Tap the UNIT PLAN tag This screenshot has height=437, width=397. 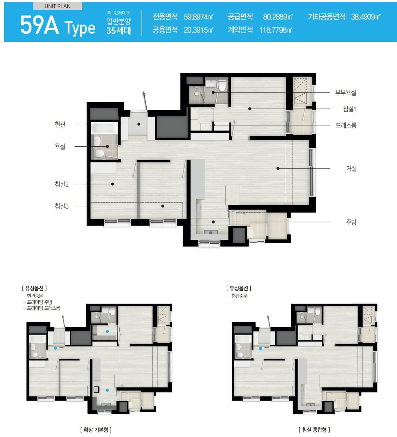(x=58, y=6)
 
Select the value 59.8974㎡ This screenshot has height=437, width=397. (x=199, y=17)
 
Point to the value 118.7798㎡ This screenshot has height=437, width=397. (x=276, y=30)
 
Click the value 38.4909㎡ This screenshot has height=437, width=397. (x=366, y=17)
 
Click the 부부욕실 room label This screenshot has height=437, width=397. (x=346, y=92)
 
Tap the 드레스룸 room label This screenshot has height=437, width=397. (x=346, y=125)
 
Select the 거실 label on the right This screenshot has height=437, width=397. (x=351, y=169)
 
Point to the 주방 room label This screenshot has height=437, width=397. (x=351, y=222)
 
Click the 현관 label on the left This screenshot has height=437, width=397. (x=60, y=124)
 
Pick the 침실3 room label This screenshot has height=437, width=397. (x=62, y=206)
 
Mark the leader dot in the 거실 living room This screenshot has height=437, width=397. (x=278, y=168)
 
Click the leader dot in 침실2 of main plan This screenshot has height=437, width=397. (x=113, y=184)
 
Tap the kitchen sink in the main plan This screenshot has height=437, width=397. (x=209, y=233)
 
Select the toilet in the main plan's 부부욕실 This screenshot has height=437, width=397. (x=222, y=85)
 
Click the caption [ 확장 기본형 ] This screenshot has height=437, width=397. (x=96, y=430)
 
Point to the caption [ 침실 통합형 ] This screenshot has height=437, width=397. (x=314, y=430)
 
